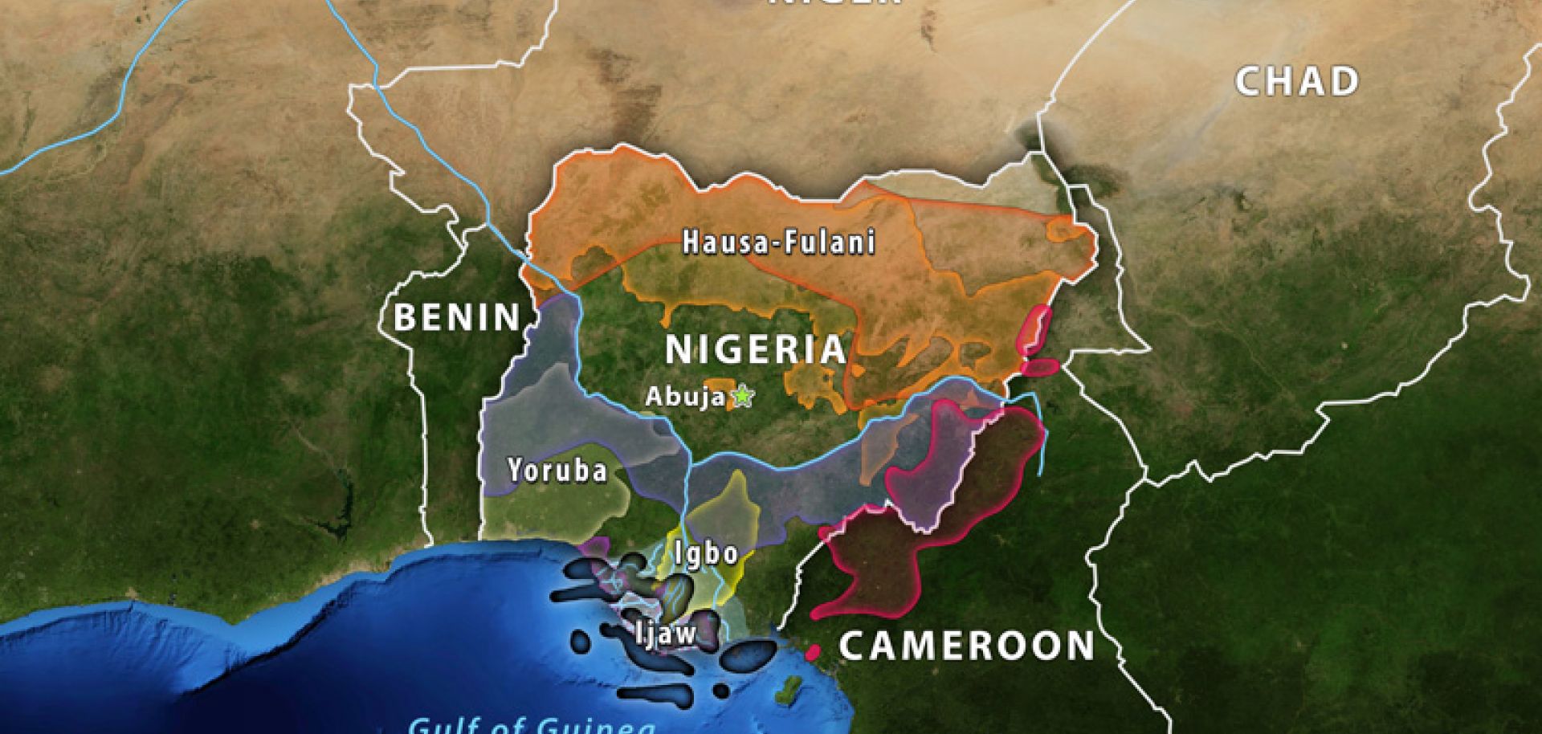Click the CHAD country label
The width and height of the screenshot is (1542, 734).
pyautogui.click(x=1295, y=82)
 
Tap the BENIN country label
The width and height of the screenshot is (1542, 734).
pyautogui.click(x=457, y=318)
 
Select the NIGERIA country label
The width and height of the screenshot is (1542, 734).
pyautogui.click(x=756, y=349)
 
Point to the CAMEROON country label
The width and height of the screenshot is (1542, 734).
pyautogui.click(x=967, y=646)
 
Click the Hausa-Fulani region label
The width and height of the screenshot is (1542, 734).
pyautogui.click(x=778, y=242)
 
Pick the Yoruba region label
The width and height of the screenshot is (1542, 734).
pyautogui.click(x=557, y=470)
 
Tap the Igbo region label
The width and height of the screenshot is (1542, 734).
pyautogui.click(x=706, y=553)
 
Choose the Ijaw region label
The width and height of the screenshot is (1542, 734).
pyautogui.click(x=666, y=634)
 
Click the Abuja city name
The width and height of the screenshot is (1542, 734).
pyautogui.click(x=685, y=397)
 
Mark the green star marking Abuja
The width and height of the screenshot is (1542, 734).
pyautogui.click(x=744, y=395)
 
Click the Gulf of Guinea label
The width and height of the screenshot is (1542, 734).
pyautogui.click(x=532, y=725)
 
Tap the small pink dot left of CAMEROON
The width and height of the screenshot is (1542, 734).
pyautogui.click(x=814, y=652)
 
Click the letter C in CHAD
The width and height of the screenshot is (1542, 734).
pyautogui.click(x=1249, y=82)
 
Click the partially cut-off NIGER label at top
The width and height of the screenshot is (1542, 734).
pyautogui.click(x=835, y=3)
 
